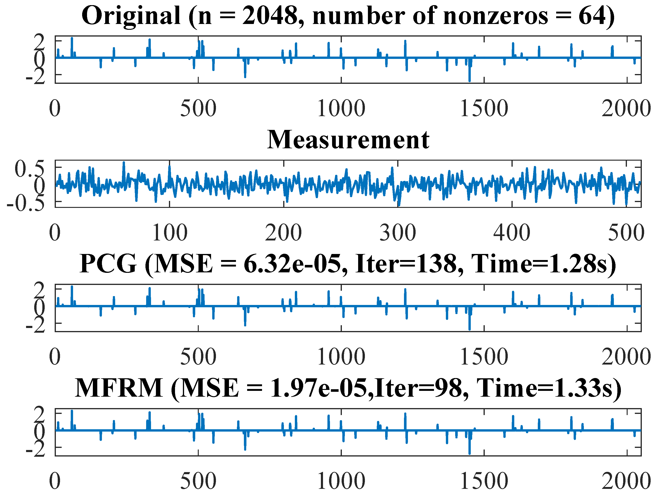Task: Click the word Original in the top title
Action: tap(131, 16)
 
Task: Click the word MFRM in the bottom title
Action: tap(119, 388)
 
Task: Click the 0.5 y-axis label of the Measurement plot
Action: tap(29, 169)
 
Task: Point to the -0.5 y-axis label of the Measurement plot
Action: tap(26, 204)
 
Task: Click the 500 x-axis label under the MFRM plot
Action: tap(198, 481)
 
